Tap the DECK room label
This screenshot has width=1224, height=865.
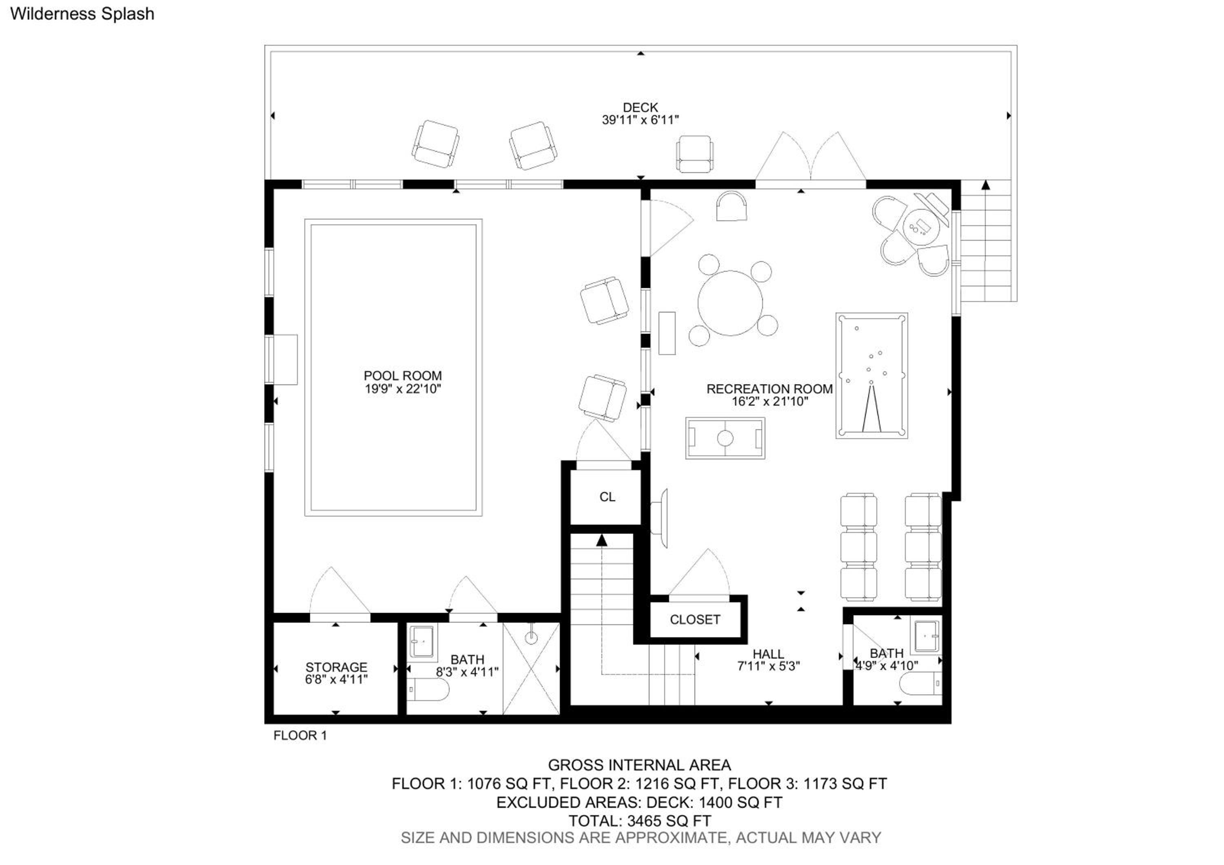point(640,108)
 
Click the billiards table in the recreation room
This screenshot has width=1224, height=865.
point(871,376)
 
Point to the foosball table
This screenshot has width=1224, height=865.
point(725,438)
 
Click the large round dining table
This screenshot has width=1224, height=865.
point(730,303)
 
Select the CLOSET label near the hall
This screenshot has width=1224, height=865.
point(695,619)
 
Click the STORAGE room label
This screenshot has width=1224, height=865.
point(336,667)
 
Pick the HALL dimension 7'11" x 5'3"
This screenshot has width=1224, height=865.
point(768,666)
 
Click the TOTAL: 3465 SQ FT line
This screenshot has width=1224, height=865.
point(640,821)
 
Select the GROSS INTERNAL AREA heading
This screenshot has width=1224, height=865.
point(639,765)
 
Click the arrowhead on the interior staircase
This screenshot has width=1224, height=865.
point(602,541)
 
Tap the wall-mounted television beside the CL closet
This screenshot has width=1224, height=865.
point(660,518)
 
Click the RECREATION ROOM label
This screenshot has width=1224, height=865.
point(769,389)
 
